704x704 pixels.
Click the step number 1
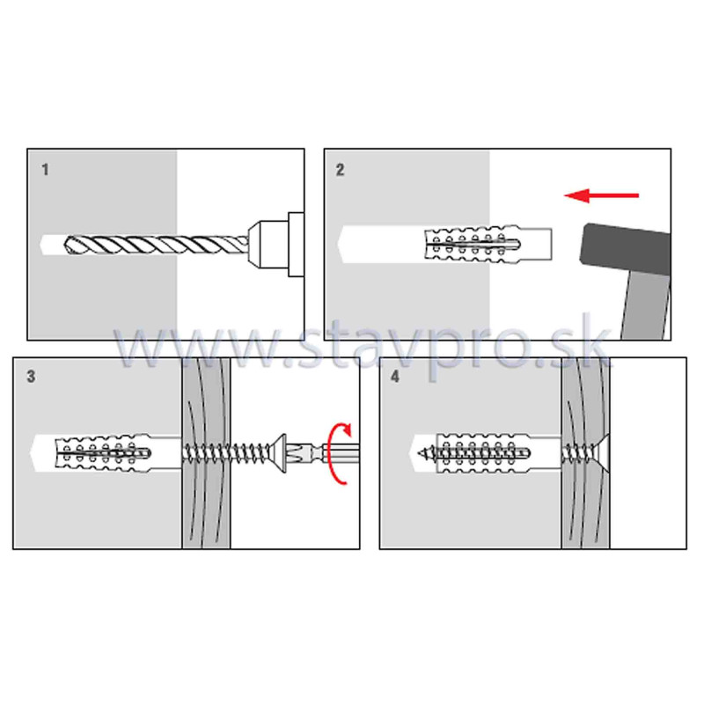pyautogui.click(x=45, y=170)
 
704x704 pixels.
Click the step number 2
pyautogui.click(x=340, y=170)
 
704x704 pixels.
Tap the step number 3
pyautogui.click(x=31, y=377)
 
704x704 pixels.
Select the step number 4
pyautogui.click(x=394, y=377)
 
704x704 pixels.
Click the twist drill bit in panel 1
pyautogui.click(x=157, y=245)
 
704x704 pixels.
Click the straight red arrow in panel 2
pyautogui.click(x=601, y=195)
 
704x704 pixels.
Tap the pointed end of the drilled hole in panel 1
pyautogui.click(x=41, y=245)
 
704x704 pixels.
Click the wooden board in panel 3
pyautogui.click(x=206, y=452)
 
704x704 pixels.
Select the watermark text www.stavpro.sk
pyautogui.click(x=362, y=347)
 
